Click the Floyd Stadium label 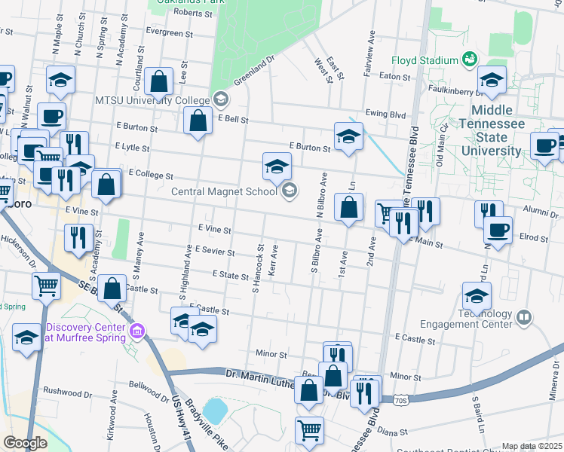pyautogui.click(x=424, y=60)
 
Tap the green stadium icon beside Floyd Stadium pyautogui.click(x=470, y=59)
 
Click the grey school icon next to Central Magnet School pyautogui.click(x=288, y=191)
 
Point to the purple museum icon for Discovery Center pyautogui.click(x=136, y=332)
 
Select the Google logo pyautogui.click(x=26, y=443)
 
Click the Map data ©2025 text pyautogui.click(x=532, y=446)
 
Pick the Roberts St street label pyautogui.click(x=193, y=13)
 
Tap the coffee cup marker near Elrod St pyautogui.click(x=498, y=230)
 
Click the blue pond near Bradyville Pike pyautogui.click(x=215, y=411)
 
